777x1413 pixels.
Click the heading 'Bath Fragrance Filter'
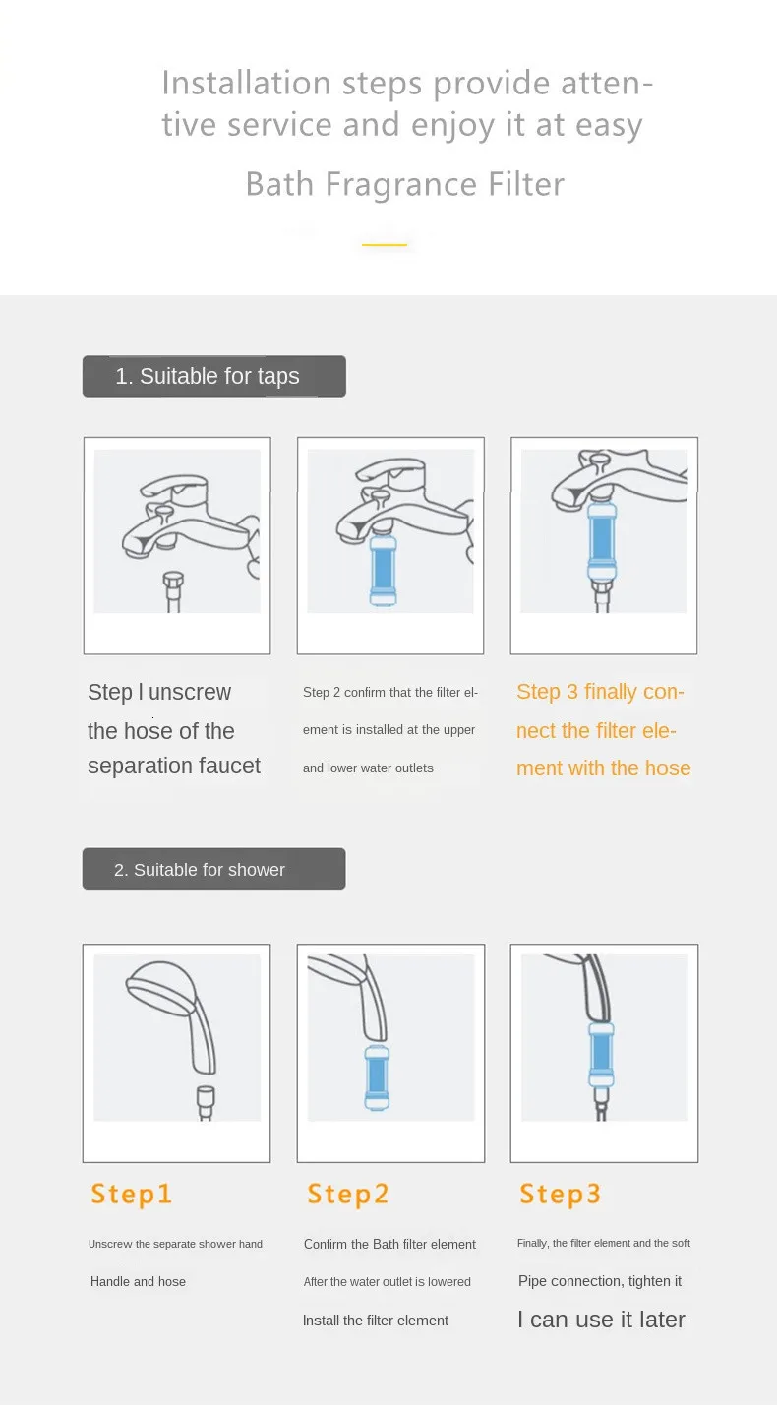point(405,184)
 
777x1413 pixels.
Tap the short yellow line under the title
point(385,244)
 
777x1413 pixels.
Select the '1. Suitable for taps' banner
point(213,376)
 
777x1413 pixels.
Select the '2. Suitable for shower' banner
point(213,869)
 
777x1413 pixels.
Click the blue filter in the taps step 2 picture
point(383,570)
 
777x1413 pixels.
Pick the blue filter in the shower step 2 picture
point(377,1077)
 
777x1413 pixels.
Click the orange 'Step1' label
point(131,1194)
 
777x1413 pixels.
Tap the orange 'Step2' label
point(347,1194)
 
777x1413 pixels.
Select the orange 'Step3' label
point(560,1194)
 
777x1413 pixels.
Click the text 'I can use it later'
point(601,1319)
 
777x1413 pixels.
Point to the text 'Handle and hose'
point(138,1281)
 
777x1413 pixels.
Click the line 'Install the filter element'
point(376,1321)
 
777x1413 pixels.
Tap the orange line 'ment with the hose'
point(604,768)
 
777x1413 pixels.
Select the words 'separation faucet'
point(174,766)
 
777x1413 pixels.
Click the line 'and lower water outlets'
point(368,768)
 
